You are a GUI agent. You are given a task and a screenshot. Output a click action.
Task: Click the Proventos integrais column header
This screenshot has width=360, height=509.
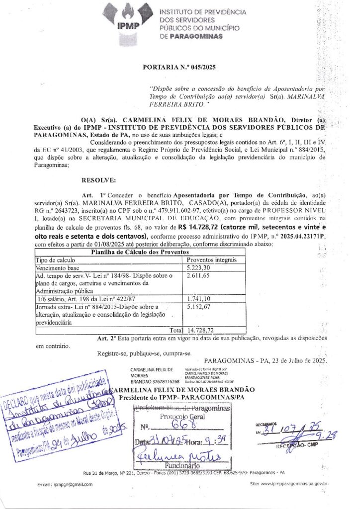point(212,259)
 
